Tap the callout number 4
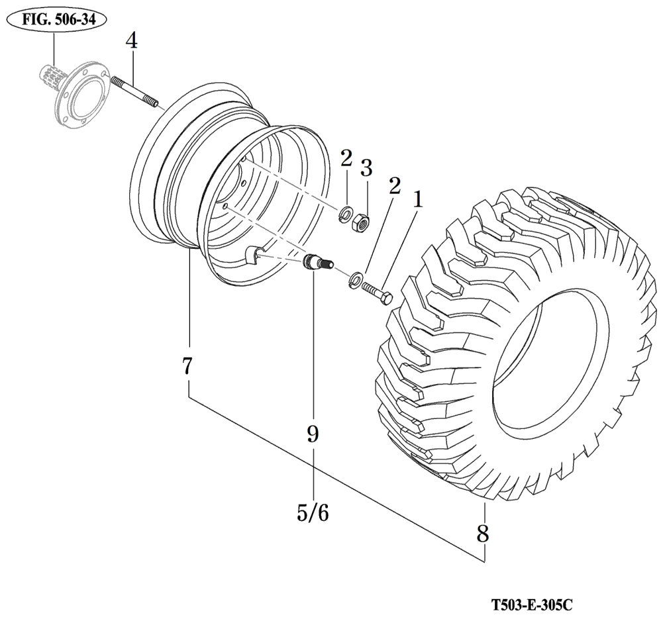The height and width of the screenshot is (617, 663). (132, 41)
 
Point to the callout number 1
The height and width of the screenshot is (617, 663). (417, 198)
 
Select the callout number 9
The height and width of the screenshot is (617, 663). (313, 434)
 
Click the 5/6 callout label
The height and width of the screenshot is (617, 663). (313, 512)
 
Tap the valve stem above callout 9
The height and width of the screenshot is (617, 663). (315, 262)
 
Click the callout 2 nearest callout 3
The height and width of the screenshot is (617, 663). (346, 158)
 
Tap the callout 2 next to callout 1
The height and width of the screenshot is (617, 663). (395, 186)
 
